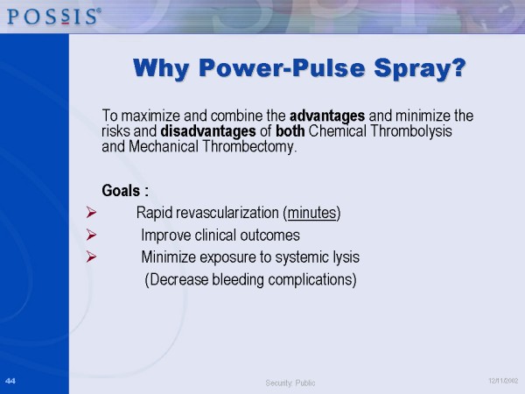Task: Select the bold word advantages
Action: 327,115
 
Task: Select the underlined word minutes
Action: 312,213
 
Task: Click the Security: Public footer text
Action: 290,383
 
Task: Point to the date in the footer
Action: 502,381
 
